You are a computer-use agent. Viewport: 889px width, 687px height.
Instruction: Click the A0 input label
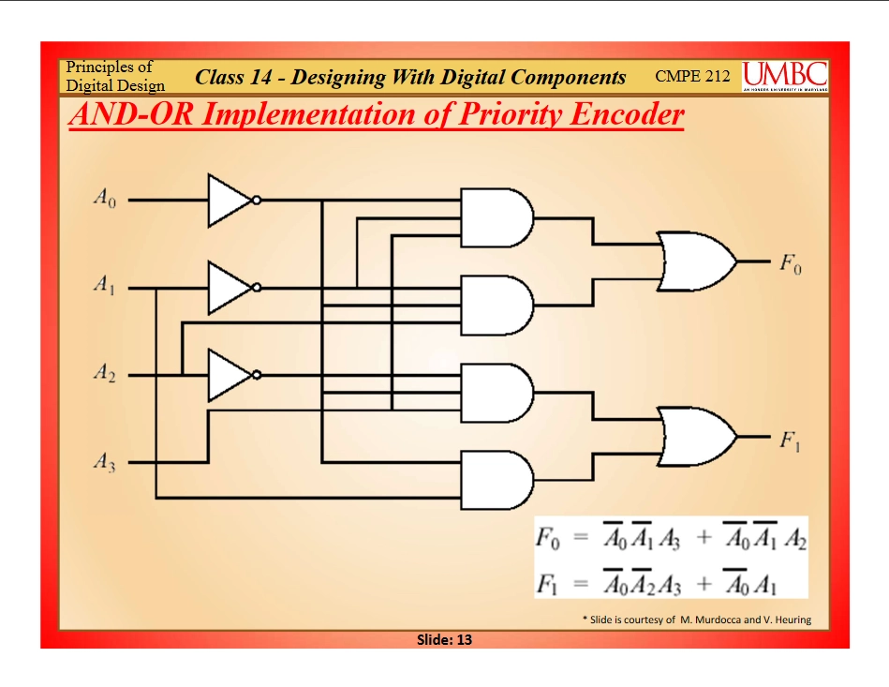103,200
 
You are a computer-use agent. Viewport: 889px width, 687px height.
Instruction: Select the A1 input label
103,288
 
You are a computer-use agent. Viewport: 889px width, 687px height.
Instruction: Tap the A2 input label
103,375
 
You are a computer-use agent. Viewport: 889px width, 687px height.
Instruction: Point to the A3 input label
103,462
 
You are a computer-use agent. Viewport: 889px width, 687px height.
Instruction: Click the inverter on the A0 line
230,200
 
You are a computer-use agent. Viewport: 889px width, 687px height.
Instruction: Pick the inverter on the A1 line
230,288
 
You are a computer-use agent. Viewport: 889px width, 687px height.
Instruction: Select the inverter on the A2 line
230,375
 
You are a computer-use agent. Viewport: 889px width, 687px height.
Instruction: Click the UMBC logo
785,76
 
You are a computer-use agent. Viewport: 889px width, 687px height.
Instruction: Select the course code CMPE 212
692,76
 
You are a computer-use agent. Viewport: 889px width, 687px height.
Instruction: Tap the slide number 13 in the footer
444,640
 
